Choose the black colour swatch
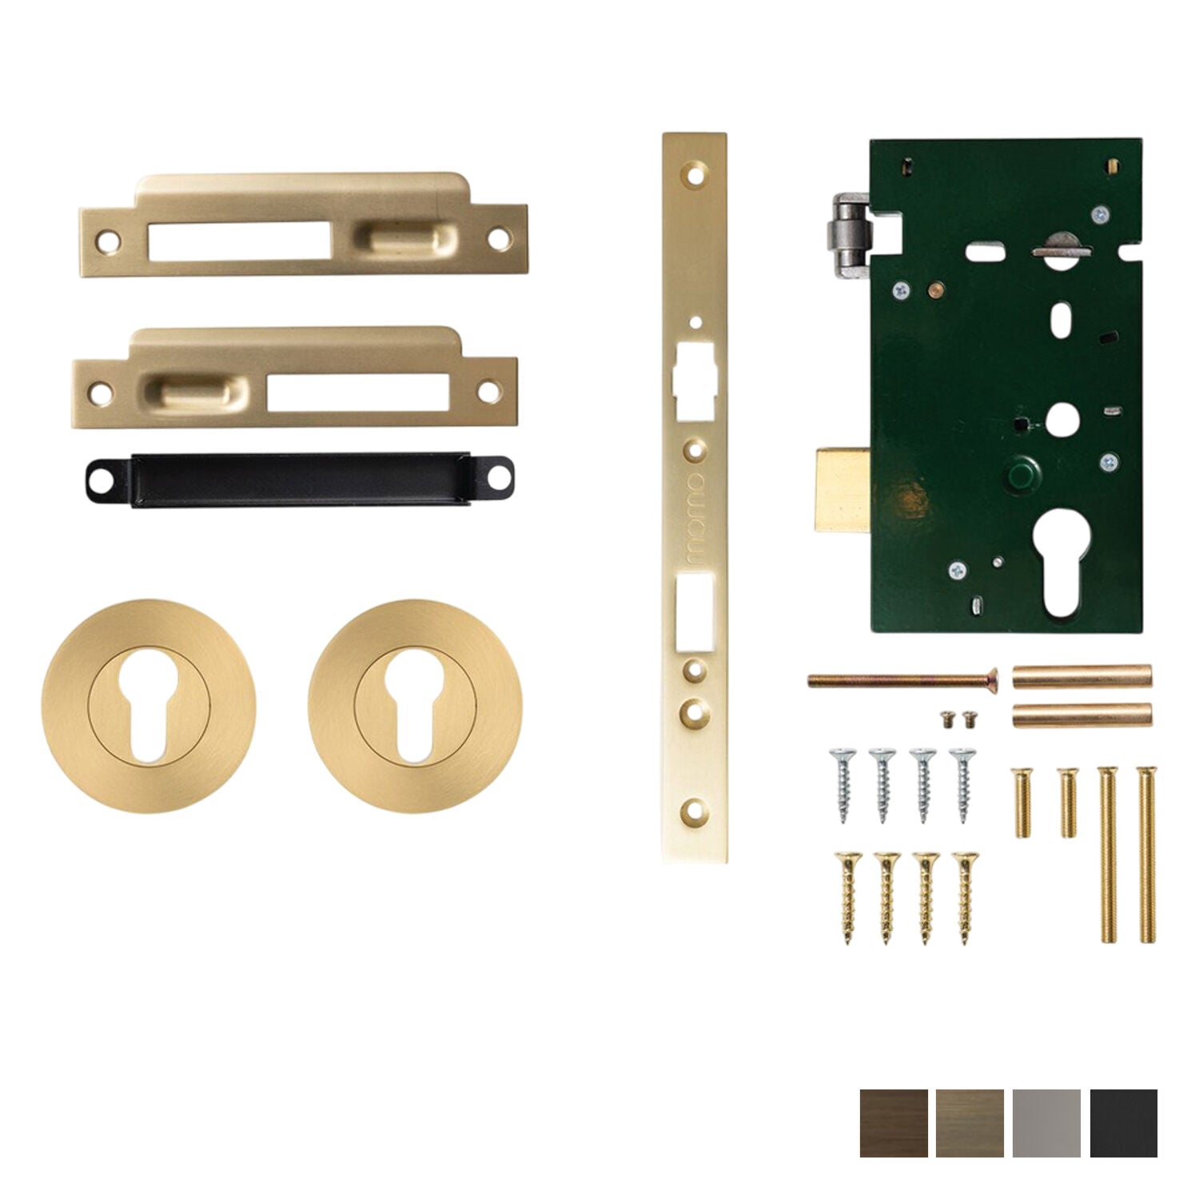pyautogui.click(x=1123, y=1122)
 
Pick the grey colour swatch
pyautogui.click(x=1046, y=1122)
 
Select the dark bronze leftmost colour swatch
pyautogui.click(x=894, y=1122)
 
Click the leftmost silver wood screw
pyautogui.click(x=842, y=784)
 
